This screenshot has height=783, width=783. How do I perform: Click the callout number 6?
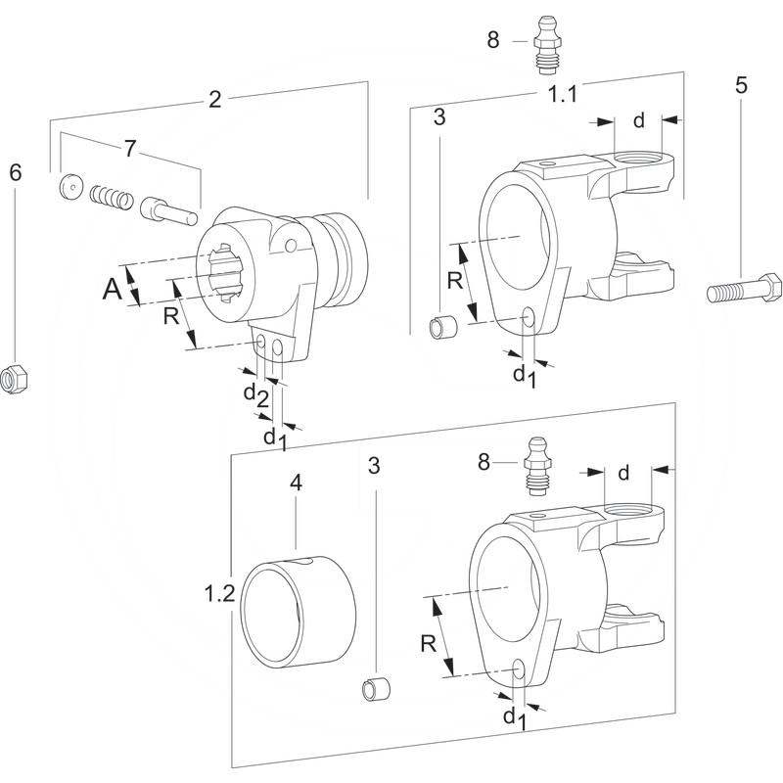(15, 172)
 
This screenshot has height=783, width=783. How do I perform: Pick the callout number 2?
(215, 98)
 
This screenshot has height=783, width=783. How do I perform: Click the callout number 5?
(741, 84)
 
